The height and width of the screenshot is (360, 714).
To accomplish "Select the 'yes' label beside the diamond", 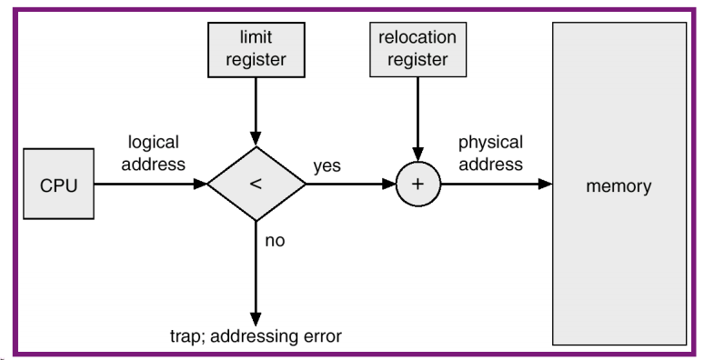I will [327, 167].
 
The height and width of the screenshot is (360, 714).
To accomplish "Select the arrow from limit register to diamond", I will [256, 109].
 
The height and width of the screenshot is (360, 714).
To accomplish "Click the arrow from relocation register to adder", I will [417, 118].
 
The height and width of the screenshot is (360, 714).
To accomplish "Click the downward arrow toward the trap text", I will [256, 273].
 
